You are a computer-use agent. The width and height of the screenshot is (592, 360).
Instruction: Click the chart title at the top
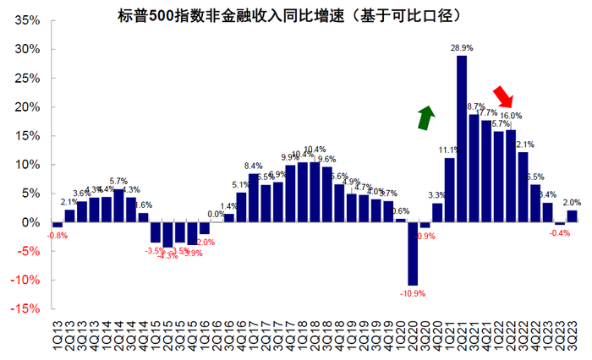tap(295, 14)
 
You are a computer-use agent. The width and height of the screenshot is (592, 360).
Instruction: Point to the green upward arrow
tap(427, 118)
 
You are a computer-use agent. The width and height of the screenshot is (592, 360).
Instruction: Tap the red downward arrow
tap(504, 96)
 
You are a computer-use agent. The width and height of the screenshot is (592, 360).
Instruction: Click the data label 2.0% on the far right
tap(572, 203)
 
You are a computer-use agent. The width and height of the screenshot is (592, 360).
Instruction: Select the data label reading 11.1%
tap(448, 150)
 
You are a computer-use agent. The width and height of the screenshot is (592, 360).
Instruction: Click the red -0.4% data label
tap(559, 233)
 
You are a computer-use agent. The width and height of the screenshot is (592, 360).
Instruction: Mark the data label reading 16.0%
tap(511, 116)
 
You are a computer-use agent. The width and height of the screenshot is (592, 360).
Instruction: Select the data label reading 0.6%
tap(401, 211)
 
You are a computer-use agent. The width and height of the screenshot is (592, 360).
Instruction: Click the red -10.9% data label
tap(413, 294)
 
